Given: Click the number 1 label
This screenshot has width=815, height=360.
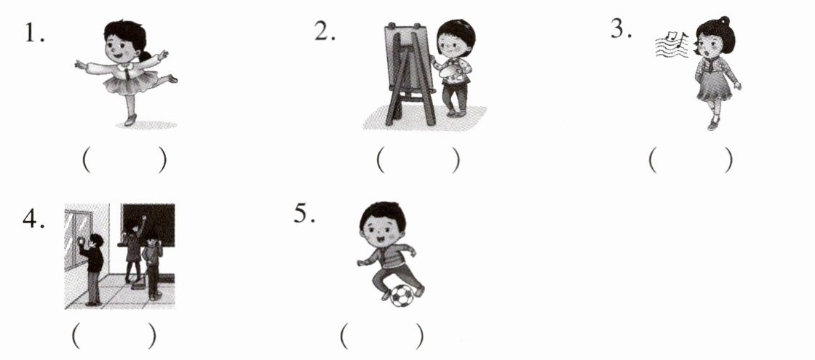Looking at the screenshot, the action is [34, 33].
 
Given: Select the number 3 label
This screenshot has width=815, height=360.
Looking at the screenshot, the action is [621, 29].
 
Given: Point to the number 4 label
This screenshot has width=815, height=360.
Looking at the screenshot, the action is [33, 219].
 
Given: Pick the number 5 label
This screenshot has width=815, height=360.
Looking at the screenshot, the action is [305, 213].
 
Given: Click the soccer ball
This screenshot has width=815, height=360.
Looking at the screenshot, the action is [402, 295].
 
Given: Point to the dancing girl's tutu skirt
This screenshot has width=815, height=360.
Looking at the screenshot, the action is [131, 83].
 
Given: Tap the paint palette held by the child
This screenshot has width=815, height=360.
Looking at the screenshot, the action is [450, 71].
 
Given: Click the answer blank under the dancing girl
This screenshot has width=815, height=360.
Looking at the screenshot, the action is [124, 161].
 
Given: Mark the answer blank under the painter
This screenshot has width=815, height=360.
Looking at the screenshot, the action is [418, 161].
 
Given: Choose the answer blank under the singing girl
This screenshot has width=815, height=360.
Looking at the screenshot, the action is [691, 161].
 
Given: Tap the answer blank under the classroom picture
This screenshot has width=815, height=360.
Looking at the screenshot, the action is [114, 337].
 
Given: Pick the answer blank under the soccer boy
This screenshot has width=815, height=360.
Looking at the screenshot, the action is [382, 337].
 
